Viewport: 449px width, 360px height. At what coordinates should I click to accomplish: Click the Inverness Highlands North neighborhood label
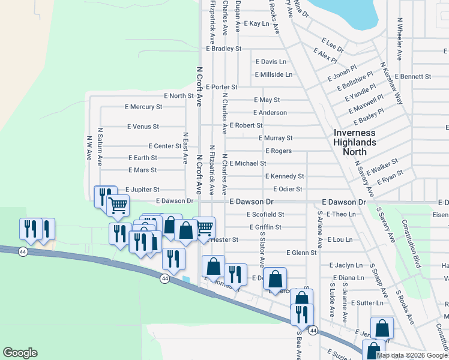pos(355,142)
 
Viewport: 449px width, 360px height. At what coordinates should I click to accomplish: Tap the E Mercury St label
pos(143,107)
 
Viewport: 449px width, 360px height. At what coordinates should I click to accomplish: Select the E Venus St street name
pos(143,127)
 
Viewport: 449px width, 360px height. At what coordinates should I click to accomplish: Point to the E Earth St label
pos(143,158)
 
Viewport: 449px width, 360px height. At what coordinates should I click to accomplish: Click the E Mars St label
pos(142,170)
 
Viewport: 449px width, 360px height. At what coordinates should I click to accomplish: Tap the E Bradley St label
pos(223,49)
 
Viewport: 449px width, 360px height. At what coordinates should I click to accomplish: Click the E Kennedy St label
pos(285,176)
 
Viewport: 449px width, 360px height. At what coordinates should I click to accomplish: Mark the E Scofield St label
pos(264,214)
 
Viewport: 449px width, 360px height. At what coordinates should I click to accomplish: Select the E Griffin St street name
pos(265,227)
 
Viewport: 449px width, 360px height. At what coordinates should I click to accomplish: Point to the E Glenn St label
pos(301,253)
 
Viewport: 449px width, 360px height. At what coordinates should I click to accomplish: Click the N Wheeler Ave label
pos(399,38)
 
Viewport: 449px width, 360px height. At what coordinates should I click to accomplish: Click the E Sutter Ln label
pos(367,303)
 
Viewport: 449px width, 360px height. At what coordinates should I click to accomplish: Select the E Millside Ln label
pos(273,74)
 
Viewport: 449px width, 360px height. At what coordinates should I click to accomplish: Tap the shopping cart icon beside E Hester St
pos(205,227)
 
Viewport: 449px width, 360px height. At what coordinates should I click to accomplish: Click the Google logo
pos(20,353)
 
